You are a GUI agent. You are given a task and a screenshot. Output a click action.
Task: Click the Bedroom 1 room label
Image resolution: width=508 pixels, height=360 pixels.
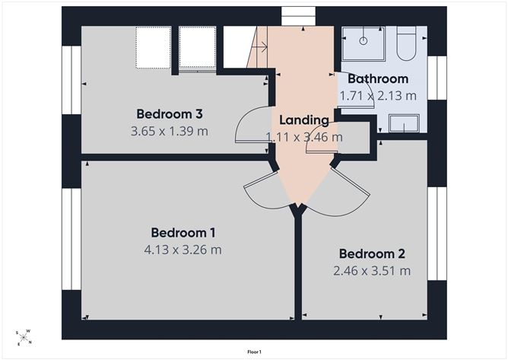tap(183, 233)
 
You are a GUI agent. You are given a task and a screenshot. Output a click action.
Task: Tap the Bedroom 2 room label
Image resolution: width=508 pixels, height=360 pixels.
tap(372, 254)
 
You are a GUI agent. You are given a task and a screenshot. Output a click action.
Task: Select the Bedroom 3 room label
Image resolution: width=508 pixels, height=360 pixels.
tap(170, 114)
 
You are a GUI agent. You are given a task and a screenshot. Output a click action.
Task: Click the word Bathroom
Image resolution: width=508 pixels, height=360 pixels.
tap(378, 79)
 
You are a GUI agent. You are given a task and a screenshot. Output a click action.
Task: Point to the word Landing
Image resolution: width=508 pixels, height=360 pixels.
tap(304, 120)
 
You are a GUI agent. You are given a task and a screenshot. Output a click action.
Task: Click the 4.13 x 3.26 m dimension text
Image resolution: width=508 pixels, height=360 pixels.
tap(183, 250)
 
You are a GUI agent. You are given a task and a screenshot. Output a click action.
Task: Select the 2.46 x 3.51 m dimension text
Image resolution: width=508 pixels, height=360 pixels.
tap(372, 271)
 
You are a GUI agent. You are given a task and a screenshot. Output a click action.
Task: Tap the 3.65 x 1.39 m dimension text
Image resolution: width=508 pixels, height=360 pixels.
tap(170, 132)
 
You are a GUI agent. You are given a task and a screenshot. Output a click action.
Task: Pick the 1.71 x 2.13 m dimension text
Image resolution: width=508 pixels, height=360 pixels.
tap(378, 96)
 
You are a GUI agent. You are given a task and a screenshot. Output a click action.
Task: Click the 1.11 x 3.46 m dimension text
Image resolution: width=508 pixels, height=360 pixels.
tap(304, 137)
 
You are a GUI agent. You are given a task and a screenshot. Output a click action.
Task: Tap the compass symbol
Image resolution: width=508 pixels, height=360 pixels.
tap(24, 337)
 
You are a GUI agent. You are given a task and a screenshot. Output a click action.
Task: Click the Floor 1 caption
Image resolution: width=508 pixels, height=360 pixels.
tap(254, 352)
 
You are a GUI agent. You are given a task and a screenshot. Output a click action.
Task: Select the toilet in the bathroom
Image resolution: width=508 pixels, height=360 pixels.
tap(406, 43)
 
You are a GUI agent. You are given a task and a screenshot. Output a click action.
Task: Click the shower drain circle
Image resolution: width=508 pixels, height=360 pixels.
tap(364, 41)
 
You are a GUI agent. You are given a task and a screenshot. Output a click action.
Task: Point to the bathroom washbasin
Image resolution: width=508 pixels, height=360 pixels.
tap(404, 123)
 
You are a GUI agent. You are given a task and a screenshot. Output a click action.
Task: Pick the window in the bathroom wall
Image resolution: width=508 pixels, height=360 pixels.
tap(437, 78)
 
